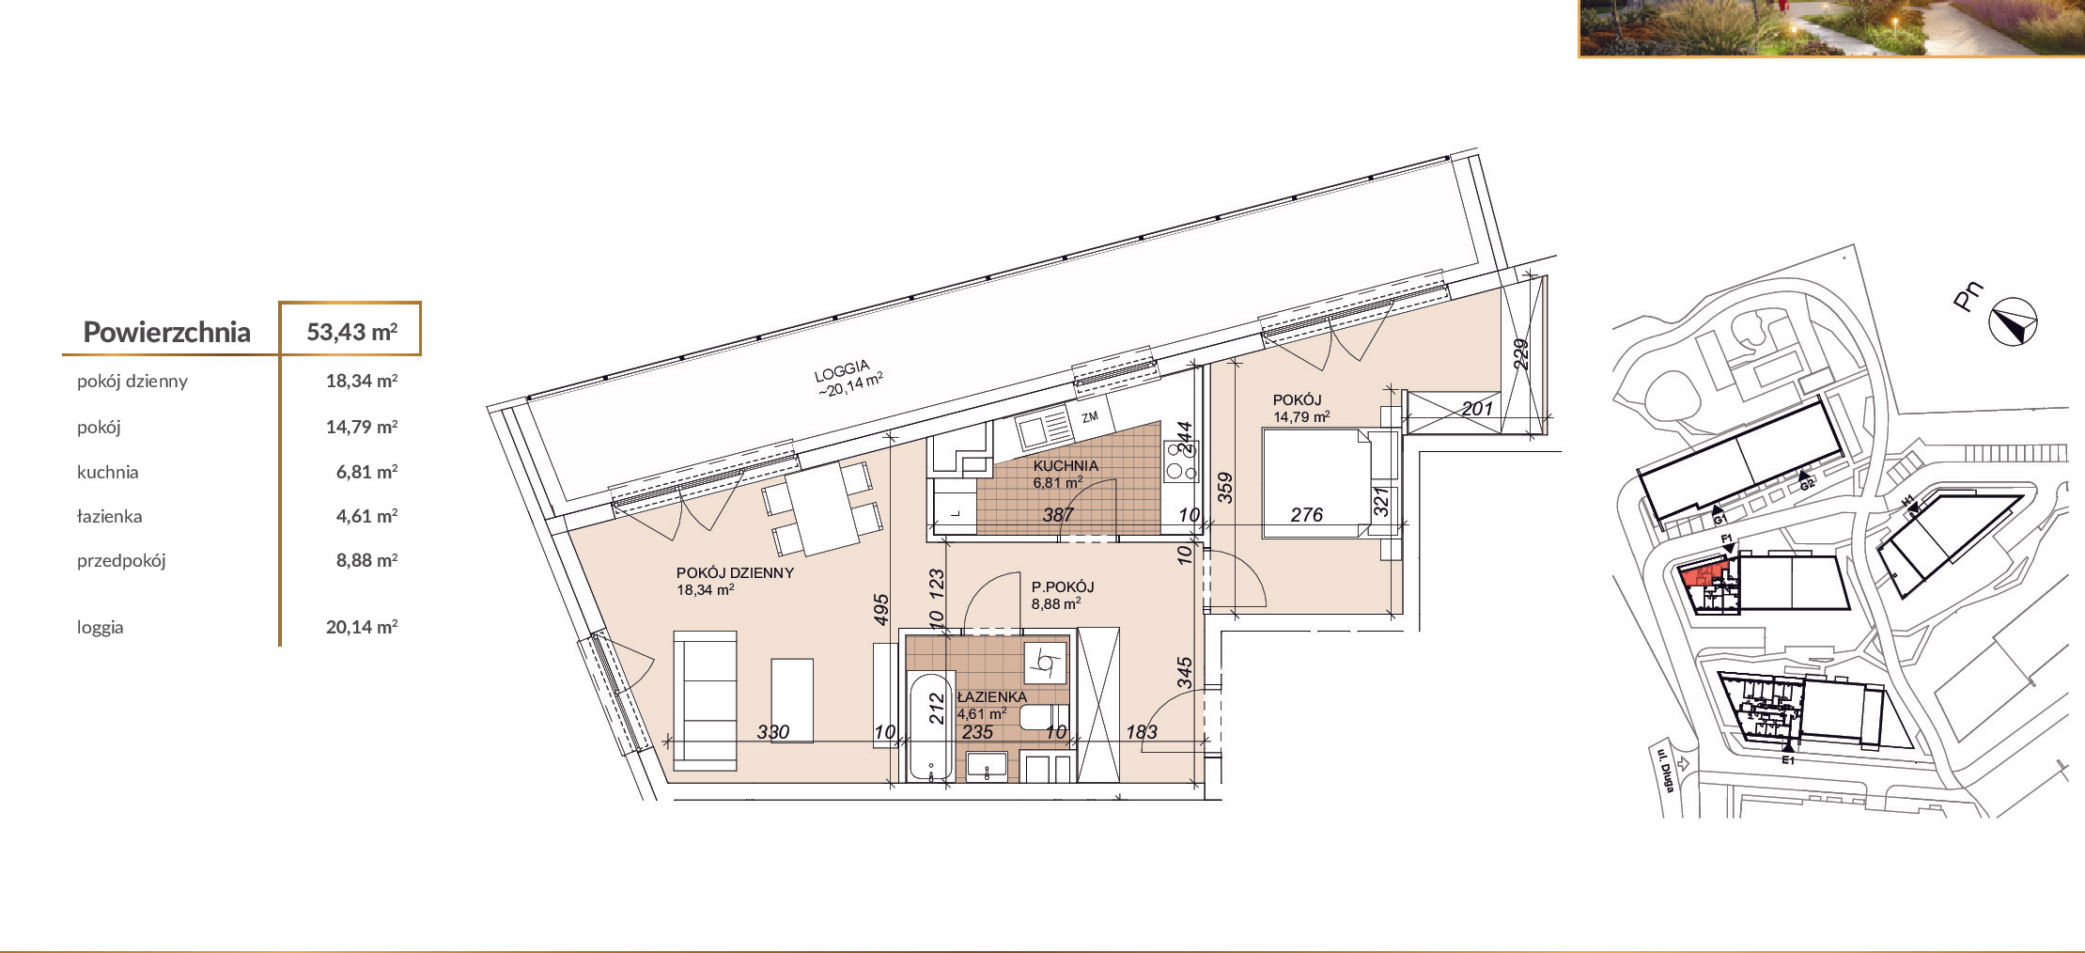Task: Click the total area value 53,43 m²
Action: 351,332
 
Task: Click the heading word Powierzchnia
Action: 166,332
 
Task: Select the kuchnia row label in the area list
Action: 107,472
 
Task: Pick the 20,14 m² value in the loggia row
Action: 362,627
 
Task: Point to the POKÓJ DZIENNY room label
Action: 735,572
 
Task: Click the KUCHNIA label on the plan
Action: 1066,465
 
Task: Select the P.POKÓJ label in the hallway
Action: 1063,586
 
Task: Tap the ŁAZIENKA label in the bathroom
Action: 992,696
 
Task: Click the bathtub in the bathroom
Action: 930,726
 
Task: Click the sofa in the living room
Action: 705,701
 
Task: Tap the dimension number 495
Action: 880,609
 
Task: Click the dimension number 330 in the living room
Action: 773,731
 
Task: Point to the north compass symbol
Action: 2013,322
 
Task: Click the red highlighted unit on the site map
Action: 1703,573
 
